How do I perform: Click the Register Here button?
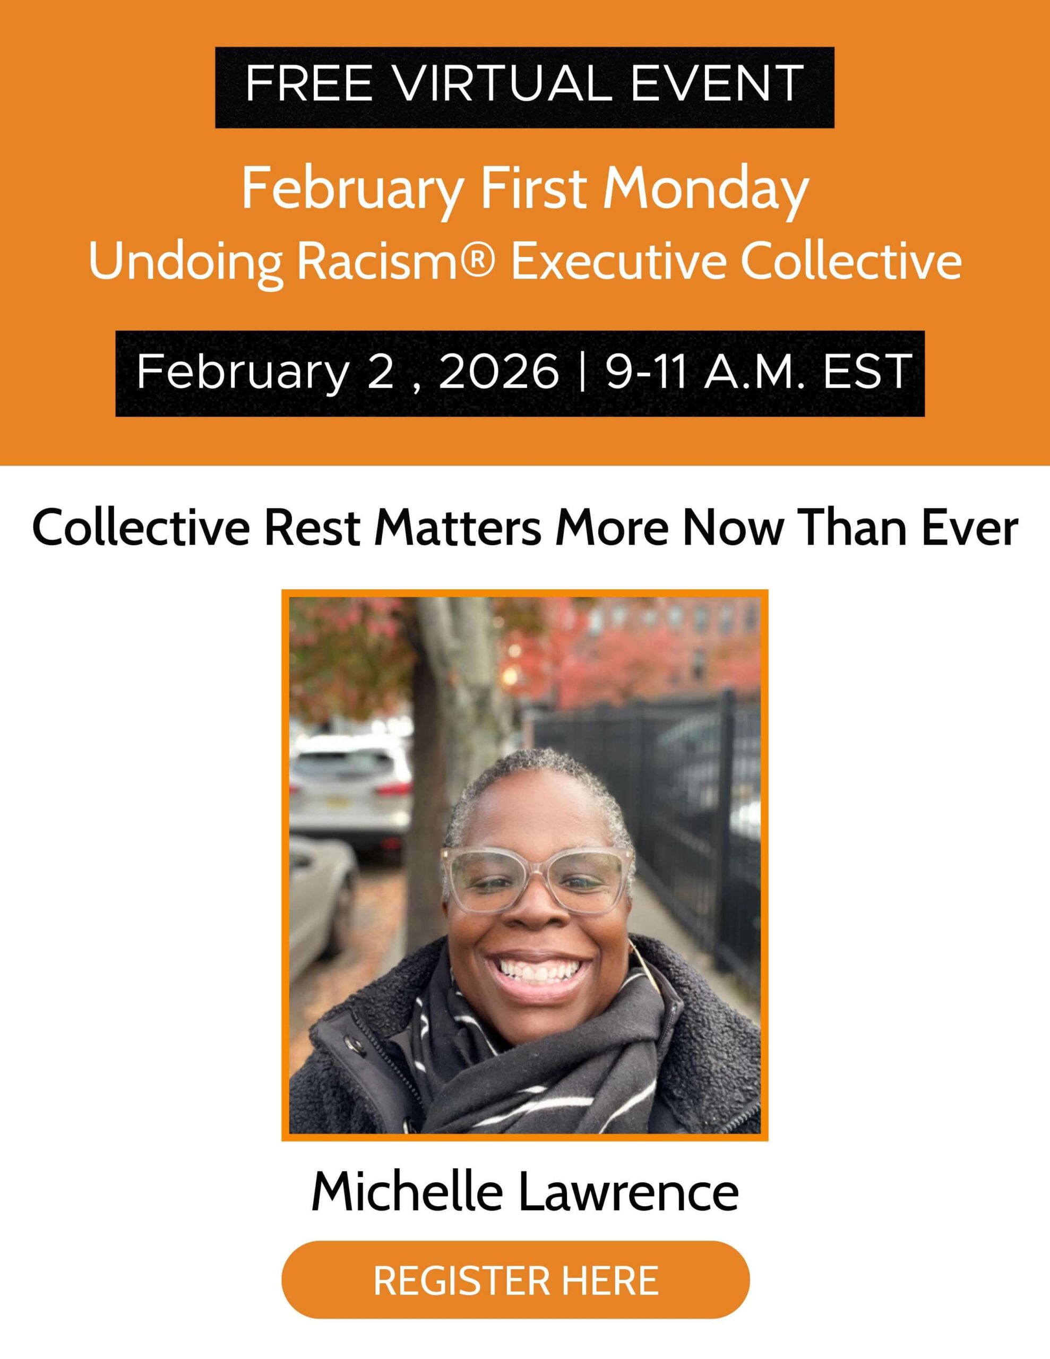[x=515, y=1279]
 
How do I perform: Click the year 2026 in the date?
[x=498, y=372]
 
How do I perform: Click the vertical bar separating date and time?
[x=582, y=372]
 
